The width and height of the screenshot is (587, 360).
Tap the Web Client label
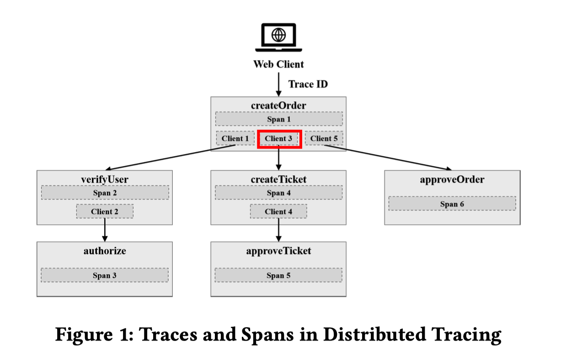278,64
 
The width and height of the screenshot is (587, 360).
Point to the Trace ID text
308,84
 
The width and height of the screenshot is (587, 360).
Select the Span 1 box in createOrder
278,119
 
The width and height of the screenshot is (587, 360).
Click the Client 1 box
235,138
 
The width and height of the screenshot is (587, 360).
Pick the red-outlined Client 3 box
278,138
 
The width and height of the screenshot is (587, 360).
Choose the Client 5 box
324,138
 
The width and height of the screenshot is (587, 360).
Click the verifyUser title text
105,180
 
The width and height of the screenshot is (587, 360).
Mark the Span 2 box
105,193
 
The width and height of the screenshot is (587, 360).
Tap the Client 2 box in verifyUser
105,212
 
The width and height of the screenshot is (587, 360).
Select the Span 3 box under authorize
105,275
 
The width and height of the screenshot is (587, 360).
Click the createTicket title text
278,180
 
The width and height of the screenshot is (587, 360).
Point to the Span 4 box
278,193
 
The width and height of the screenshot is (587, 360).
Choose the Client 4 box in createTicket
278,212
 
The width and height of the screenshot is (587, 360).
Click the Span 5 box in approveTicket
278,275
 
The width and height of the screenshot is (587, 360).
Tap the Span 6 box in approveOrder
452,204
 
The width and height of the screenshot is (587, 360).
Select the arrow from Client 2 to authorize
105,230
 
